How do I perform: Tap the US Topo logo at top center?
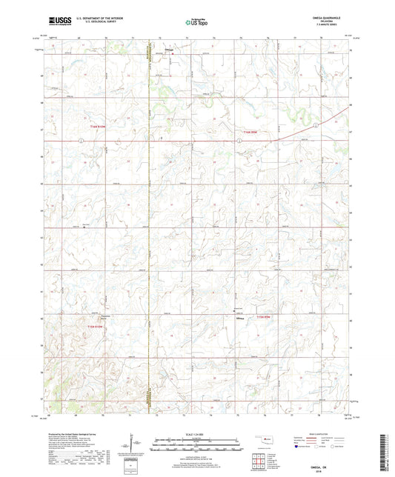196,22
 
